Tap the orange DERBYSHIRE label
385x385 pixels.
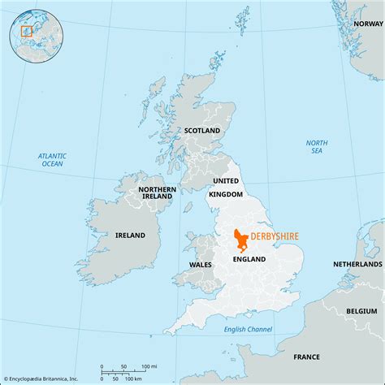click(274, 236)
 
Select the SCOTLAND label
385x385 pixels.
click(201, 130)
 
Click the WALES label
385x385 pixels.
click(200, 265)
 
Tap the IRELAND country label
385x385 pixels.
click(129, 236)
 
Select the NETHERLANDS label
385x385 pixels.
click(357, 265)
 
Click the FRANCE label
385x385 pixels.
click(306, 357)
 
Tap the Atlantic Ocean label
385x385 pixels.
click(52, 159)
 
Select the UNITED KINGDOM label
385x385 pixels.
click(227, 187)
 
